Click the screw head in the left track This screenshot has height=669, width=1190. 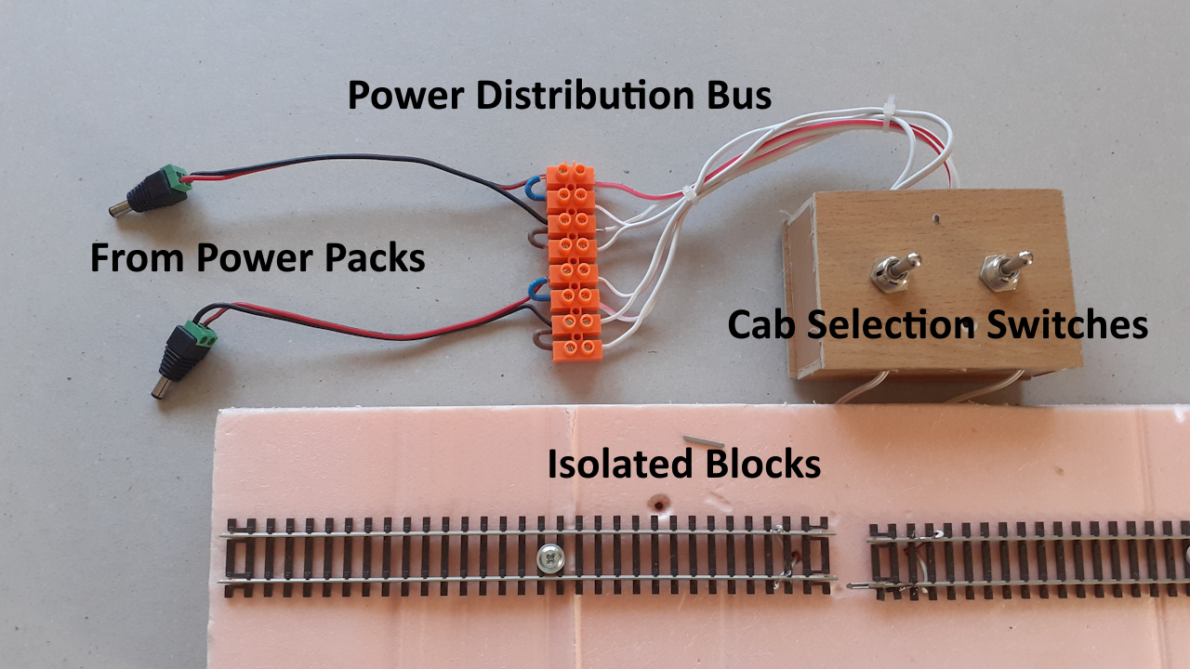pyautogui.click(x=549, y=557)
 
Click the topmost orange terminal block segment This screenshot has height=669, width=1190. pyautogui.click(x=570, y=174)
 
